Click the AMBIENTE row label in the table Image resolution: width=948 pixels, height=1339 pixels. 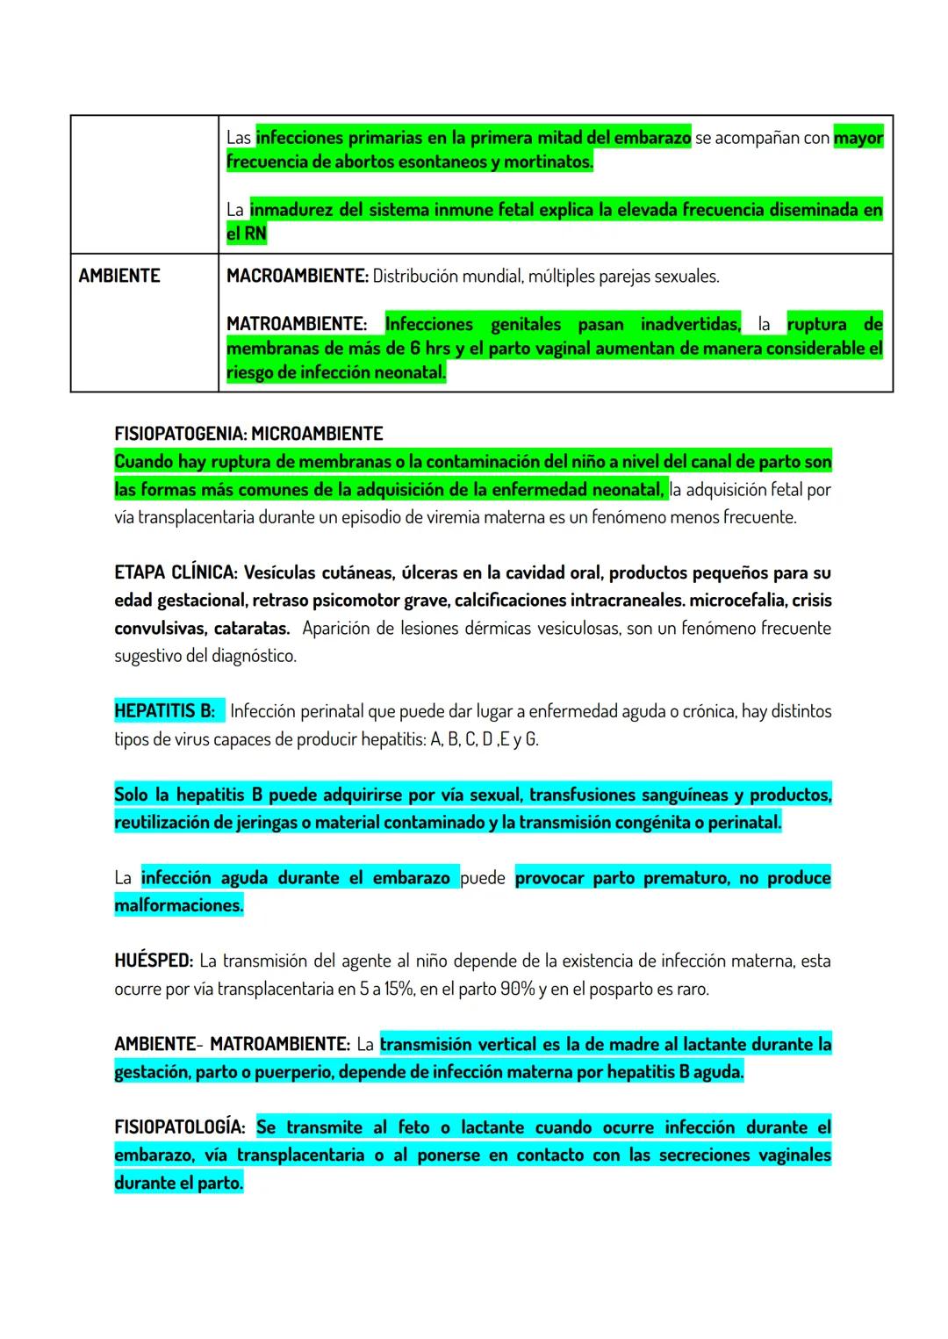tap(119, 276)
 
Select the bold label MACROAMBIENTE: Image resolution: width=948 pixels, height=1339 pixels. tap(297, 276)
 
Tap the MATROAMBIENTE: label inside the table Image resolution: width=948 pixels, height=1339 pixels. tap(296, 324)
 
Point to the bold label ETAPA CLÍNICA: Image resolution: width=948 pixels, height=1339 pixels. tap(175, 572)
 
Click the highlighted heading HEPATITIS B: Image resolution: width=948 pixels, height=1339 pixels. tap(164, 711)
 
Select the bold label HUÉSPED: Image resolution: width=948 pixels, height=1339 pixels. tap(153, 961)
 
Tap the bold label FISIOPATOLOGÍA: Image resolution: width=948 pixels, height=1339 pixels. tap(179, 1127)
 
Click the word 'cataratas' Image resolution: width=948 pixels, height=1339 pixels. tap(252, 629)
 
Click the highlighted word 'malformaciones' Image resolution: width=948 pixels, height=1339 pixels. tap(177, 905)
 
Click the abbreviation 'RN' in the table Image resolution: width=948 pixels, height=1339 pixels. tap(255, 234)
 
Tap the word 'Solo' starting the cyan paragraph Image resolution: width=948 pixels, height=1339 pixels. tap(131, 795)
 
